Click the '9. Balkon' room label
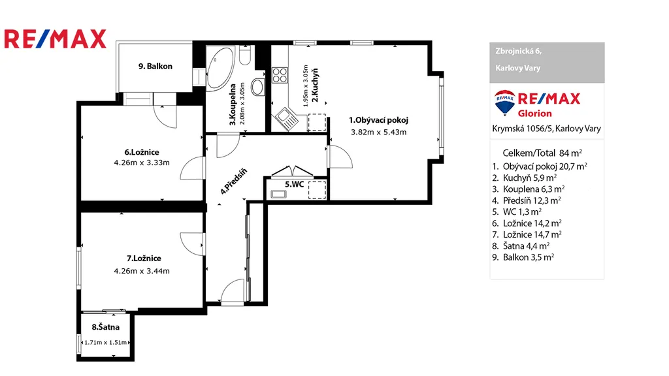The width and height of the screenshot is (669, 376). (x=155, y=67)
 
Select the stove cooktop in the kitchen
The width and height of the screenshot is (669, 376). (x=280, y=75)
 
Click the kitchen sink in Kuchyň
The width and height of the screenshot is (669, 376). (x=286, y=119)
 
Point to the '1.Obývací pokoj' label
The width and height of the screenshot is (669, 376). (x=378, y=120)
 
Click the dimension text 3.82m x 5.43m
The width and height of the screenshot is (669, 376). (x=378, y=132)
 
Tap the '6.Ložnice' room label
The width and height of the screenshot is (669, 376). (x=141, y=152)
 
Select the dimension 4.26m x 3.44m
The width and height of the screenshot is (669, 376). (x=141, y=270)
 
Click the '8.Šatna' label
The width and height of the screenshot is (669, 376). (x=105, y=328)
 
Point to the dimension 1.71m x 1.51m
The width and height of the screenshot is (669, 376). (x=105, y=342)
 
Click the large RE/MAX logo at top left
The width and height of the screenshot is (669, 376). (x=55, y=39)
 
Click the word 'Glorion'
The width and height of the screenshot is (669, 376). (x=535, y=114)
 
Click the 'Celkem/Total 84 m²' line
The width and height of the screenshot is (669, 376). (x=542, y=153)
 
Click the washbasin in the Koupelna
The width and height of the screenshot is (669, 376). (x=258, y=87)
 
